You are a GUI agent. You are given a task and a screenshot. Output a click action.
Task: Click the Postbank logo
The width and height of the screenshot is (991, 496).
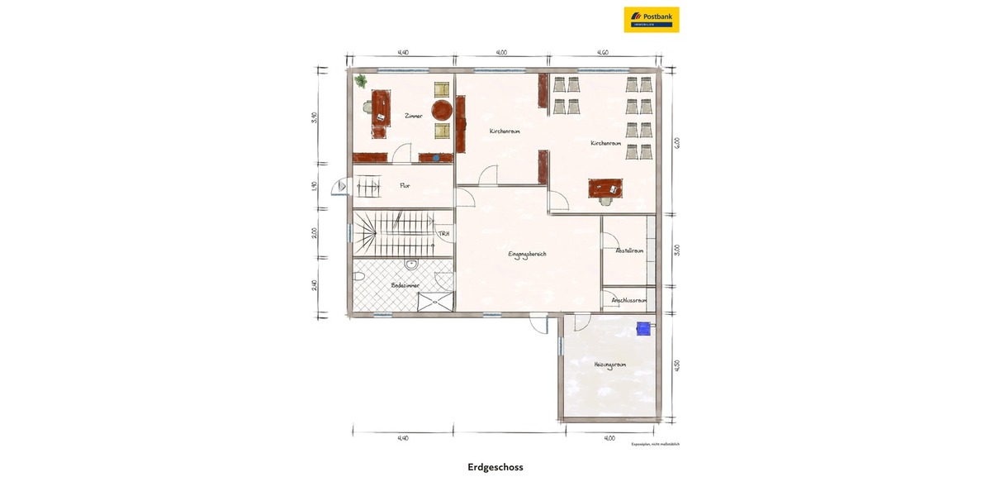tap(652, 19)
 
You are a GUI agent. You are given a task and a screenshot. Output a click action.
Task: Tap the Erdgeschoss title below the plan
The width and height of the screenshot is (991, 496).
tap(495, 467)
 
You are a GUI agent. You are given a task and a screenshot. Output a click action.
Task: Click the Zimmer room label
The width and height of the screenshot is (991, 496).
tap(413, 117)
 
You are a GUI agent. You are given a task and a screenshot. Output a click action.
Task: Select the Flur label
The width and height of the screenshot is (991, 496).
tap(405, 186)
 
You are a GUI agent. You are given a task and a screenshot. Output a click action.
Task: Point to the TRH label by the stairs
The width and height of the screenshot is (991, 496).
tap(444, 234)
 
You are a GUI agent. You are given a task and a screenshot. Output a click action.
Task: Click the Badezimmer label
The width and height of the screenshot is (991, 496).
tap(405, 285)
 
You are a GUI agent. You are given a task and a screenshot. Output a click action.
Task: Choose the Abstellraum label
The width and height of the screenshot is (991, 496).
tap(629, 250)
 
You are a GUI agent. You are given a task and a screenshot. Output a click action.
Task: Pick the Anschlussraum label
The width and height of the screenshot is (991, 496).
tap(629, 300)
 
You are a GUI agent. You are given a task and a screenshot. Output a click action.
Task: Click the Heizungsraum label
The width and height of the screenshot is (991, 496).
tap(609, 364)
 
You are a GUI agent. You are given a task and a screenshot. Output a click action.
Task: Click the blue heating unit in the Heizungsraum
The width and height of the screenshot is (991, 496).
tap(642, 329)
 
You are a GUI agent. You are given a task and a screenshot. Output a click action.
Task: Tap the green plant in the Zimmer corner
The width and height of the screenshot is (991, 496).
tap(361, 80)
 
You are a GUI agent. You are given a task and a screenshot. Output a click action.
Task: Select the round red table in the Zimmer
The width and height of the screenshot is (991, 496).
tap(443, 108)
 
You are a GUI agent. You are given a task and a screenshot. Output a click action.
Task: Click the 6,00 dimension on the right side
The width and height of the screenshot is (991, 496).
tap(678, 142)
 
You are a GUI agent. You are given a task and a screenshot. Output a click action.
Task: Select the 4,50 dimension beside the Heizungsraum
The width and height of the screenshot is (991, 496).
tap(678, 365)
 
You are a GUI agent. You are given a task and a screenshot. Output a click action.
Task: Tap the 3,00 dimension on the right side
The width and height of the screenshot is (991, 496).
tap(678, 250)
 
